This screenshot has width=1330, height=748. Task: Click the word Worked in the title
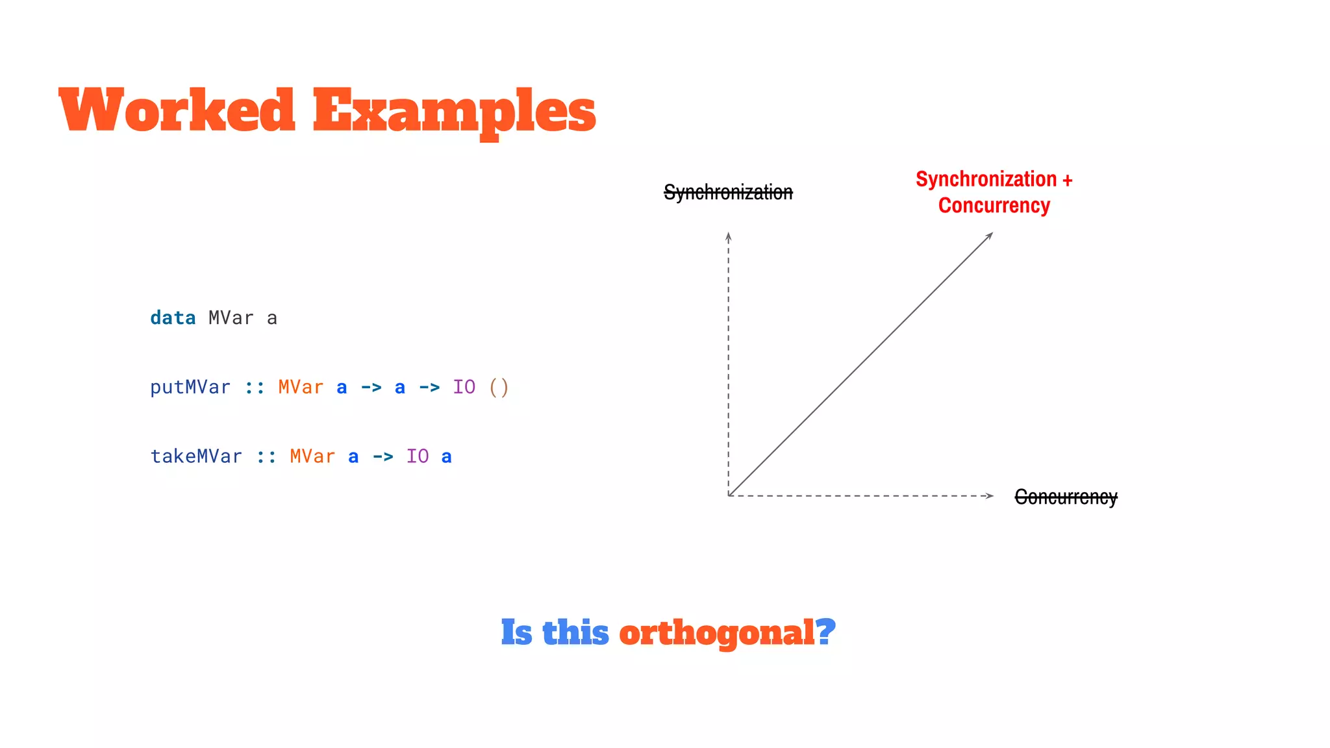(x=177, y=110)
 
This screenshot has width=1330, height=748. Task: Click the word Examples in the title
(x=454, y=112)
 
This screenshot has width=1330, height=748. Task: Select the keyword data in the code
(x=173, y=318)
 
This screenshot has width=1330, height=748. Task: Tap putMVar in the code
(x=190, y=388)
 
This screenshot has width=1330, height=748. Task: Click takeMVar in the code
(x=196, y=456)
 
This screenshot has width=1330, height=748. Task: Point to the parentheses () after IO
(x=499, y=388)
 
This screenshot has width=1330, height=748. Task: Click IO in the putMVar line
(x=464, y=388)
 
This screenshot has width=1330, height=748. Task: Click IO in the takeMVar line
(x=418, y=456)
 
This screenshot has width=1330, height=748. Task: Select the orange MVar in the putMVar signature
(x=301, y=388)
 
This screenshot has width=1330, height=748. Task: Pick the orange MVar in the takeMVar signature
(x=312, y=456)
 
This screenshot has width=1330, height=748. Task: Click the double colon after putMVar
(x=255, y=388)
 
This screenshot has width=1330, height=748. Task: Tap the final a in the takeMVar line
(x=447, y=457)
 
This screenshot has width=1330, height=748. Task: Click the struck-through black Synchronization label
(x=728, y=192)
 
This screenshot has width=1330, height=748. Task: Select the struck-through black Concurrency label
(x=1066, y=497)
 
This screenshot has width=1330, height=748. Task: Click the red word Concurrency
(x=994, y=206)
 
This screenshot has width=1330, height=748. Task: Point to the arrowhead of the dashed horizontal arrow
(x=990, y=496)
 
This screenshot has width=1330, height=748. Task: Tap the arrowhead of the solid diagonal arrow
(x=990, y=236)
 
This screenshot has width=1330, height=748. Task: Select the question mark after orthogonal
(x=826, y=631)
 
